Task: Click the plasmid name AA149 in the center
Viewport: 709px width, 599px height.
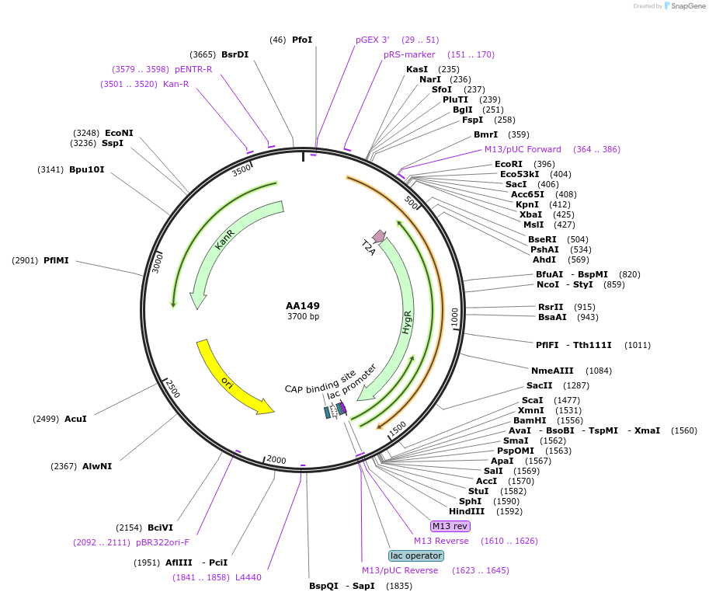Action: (303, 305)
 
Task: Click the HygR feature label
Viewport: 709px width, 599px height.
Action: (407, 322)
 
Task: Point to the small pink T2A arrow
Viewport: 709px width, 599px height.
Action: (379, 235)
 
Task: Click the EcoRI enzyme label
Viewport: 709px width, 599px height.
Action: (509, 164)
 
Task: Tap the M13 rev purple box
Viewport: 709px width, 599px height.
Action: (450, 527)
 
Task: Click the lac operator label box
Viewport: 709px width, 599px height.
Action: (416, 555)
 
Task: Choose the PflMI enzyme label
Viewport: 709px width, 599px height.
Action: (56, 260)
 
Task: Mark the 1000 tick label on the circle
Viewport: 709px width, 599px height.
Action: (455, 316)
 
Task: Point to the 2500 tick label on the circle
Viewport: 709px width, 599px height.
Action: (173, 388)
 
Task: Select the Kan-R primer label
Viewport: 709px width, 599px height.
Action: (176, 84)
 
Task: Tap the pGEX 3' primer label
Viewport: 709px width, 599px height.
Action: (373, 40)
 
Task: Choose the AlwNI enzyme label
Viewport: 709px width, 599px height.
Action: (97, 466)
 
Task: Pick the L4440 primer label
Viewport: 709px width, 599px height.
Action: (248, 577)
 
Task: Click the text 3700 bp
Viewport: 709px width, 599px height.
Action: (303, 317)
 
